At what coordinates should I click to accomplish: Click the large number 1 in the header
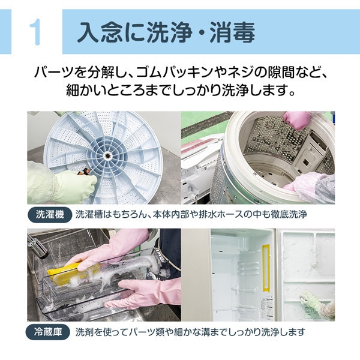click(x=35, y=32)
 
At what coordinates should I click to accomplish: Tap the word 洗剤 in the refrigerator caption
click(x=85, y=331)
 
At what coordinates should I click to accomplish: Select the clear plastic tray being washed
click(x=90, y=294)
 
